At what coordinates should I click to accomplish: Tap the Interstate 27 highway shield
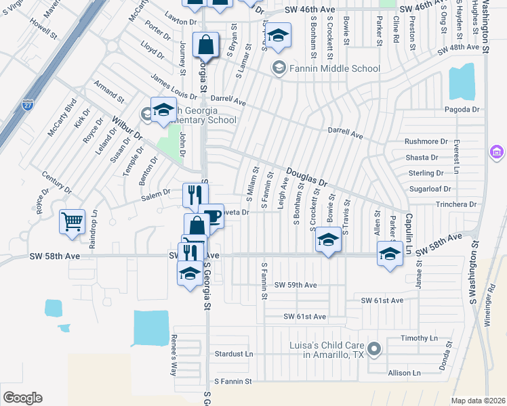pyautogui.click(x=27, y=105)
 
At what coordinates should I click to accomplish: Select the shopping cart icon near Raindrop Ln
pyautogui.click(x=72, y=221)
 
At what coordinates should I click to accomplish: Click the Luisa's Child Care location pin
pyautogui.click(x=375, y=350)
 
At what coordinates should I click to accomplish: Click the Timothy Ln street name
pyautogui.click(x=420, y=338)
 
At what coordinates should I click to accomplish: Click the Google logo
pyautogui.click(x=22, y=398)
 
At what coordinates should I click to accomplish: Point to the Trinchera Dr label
pyautogui.click(x=456, y=204)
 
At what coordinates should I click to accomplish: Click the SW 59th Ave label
pyautogui.click(x=296, y=285)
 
